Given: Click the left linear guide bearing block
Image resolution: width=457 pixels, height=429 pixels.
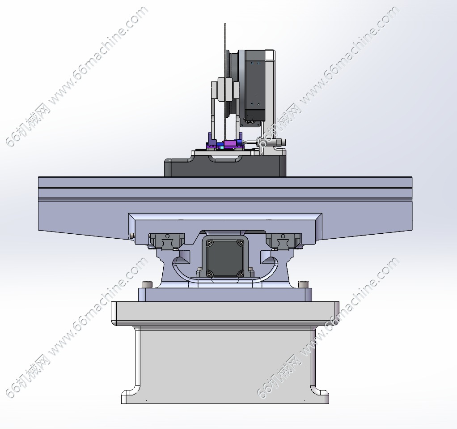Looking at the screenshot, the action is click(x=166, y=241).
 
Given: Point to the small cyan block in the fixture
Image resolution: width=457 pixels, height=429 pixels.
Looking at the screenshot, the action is click(x=222, y=147).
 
